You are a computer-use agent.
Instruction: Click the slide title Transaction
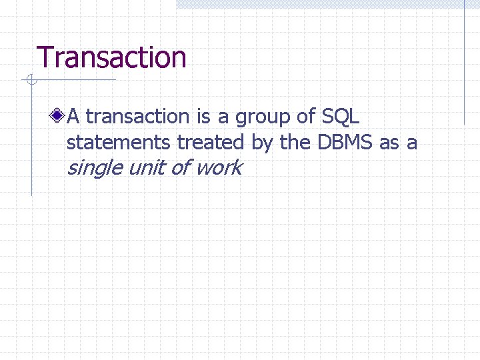111,57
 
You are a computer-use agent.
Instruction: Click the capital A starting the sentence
73,117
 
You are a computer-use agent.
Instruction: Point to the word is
203,117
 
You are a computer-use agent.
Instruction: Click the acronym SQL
340,117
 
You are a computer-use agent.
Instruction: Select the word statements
119,142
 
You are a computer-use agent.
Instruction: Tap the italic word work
219,167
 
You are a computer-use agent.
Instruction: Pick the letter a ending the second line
412,143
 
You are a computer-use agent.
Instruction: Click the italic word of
179,167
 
